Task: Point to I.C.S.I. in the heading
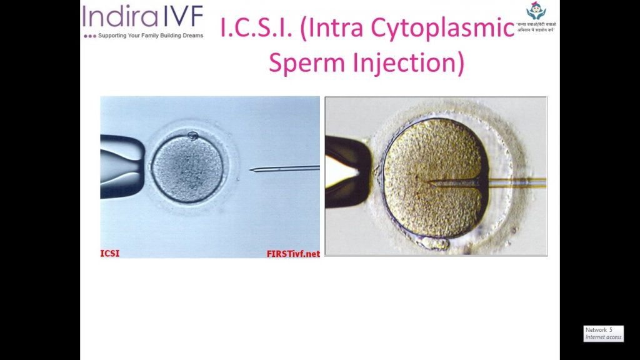[x=257, y=27]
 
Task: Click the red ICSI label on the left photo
[x=110, y=254]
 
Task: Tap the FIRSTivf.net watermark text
[x=292, y=254]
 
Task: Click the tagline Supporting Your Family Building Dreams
[x=151, y=36]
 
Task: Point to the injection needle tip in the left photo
[x=251, y=169]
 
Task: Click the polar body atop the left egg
[x=193, y=135]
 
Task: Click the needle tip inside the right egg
[x=427, y=182]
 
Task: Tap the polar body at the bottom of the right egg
[x=436, y=242]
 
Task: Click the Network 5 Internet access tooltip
[x=603, y=333]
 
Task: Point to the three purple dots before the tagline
[x=90, y=36]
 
